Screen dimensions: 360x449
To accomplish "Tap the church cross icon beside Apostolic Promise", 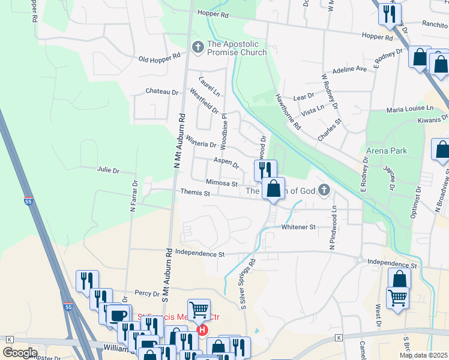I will (197, 47).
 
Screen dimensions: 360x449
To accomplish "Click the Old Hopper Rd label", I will (159, 58).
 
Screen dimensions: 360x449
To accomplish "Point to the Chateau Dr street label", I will (162, 92).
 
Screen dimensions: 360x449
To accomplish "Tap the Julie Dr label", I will (108, 170).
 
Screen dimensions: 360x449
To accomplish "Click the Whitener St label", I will (298, 227).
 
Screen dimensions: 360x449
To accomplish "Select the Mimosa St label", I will (222, 184).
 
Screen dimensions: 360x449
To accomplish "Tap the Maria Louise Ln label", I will (409, 109).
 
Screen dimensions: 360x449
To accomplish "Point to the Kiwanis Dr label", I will (429, 120).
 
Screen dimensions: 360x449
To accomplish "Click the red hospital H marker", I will (202, 329).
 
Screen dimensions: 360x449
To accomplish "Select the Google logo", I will (20, 353).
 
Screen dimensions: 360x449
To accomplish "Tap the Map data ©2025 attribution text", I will (423, 355).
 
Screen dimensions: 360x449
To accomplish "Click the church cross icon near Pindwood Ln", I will (324, 191).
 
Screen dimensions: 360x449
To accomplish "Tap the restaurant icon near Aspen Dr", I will (265, 170).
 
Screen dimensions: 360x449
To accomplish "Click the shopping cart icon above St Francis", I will (199, 310).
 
